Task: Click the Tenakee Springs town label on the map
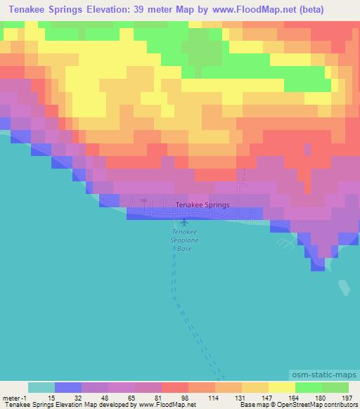[202, 204]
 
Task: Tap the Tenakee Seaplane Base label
[184, 240]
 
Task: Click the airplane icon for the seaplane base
[184, 224]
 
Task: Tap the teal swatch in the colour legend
[41, 387]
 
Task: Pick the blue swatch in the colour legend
[68, 387]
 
